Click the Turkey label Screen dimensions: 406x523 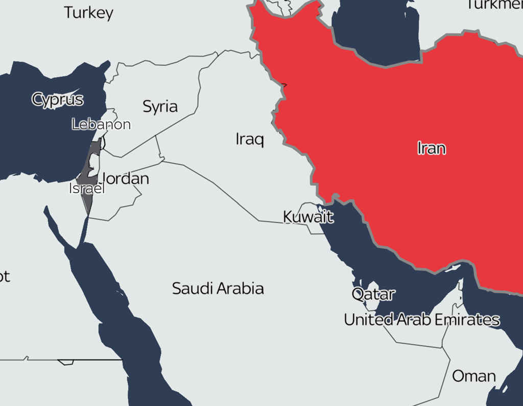(88, 13)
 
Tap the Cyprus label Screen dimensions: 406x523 (57, 99)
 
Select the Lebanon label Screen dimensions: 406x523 (101, 124)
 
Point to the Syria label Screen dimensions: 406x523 (160, 107)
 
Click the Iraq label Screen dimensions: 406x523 (250, 139)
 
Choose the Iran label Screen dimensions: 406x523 (432, 148)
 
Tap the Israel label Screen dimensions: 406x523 (87, 189)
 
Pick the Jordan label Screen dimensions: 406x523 (126, 179)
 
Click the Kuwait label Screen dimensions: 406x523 (308, 217)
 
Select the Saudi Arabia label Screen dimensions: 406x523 (218, 289)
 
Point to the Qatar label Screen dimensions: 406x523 (373, 294)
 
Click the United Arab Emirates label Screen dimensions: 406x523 (421, 320)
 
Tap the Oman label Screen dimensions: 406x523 (473, 376)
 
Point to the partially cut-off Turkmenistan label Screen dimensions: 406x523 (494, 5)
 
